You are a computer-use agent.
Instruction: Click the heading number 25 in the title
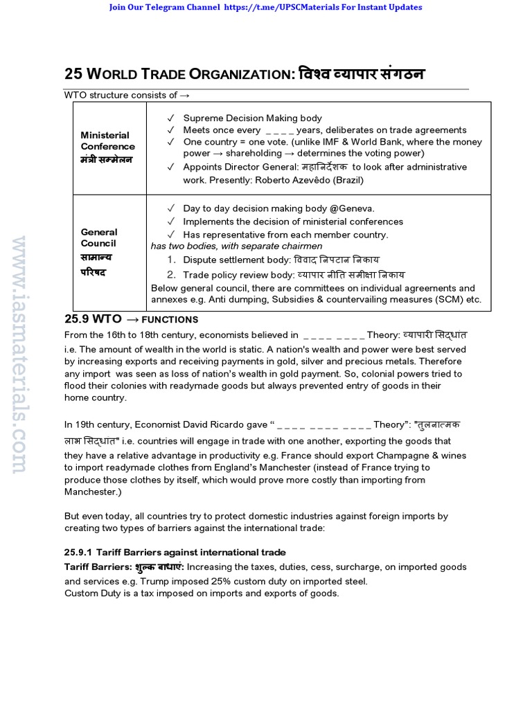coord(73,75)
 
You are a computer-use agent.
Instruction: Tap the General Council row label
coord(99,237)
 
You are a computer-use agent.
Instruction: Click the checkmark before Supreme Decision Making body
coord(170,118)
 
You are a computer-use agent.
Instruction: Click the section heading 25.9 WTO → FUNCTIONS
coord(131,319)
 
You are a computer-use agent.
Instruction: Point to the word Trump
coord(168,581)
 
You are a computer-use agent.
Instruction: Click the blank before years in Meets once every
coord(279,130)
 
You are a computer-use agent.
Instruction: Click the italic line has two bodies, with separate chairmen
coord(236,246)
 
